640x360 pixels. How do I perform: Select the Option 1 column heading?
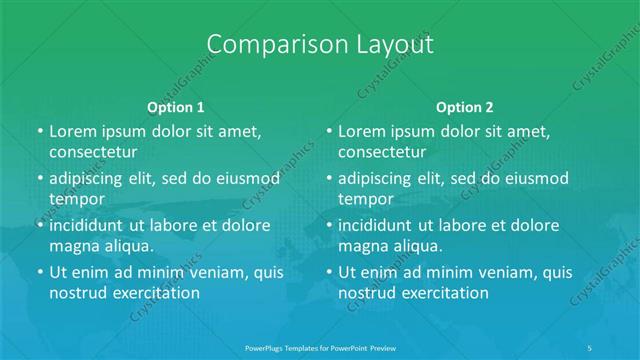tap(176, 106)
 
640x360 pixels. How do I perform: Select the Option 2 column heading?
tap(465, 106)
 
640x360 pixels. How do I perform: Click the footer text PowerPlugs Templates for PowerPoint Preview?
tap(320, 346)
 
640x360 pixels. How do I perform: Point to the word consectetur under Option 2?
tap(383, 153)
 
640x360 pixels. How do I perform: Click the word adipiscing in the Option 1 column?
tap(90, 178)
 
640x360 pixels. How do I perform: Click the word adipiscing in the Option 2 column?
tap(380, 178)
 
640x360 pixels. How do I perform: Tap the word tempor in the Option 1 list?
tap(77, 199)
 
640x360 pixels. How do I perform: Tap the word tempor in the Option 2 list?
tap(367, 199)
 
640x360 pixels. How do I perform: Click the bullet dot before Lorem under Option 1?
tap(39, 132)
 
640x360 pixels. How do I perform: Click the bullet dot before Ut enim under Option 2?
tap(329, 272)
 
